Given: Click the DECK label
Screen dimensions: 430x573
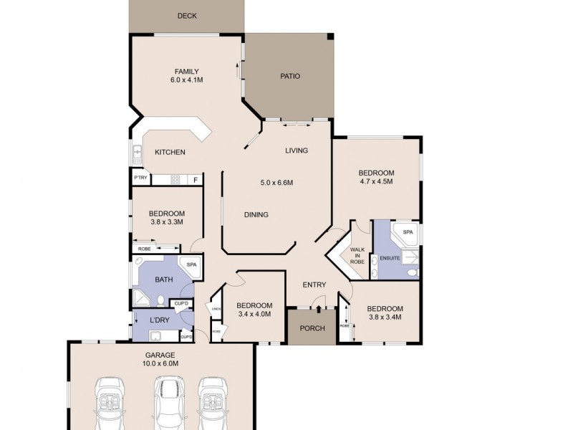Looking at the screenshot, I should tap(186, 16).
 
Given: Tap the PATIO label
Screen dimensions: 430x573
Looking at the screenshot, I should tap(289, 76).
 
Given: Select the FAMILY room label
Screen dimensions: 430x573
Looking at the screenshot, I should tap(186, 71).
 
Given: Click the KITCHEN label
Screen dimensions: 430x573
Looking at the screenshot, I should tap(170, 152).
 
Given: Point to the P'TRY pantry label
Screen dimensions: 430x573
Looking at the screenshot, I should tap(140, 178).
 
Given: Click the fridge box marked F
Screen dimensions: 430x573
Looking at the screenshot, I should tap(194, 179).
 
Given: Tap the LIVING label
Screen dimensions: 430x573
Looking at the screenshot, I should tap(297, 150).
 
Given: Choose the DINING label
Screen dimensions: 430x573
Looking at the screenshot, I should tap(256, 214).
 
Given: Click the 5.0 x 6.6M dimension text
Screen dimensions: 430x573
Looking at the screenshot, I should tap(277, 183).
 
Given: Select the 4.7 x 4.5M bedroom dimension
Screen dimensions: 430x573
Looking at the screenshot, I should tap(376, 181).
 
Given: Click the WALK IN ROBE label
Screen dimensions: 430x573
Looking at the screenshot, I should tap(356, 256).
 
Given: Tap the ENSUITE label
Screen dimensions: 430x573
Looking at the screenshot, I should tap(390, 257).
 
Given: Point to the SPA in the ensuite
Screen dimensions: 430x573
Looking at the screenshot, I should tap(408, 232).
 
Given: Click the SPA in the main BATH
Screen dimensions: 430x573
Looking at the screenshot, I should tap(191, 265).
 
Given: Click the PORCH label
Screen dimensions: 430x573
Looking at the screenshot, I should tap(312, 328).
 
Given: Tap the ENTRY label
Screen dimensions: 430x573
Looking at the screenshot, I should tap(314, 285).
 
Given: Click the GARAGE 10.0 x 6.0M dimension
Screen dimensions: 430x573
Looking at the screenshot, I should tap(160, 363).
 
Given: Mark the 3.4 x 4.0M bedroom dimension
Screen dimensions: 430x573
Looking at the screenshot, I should tap(254, 313).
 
